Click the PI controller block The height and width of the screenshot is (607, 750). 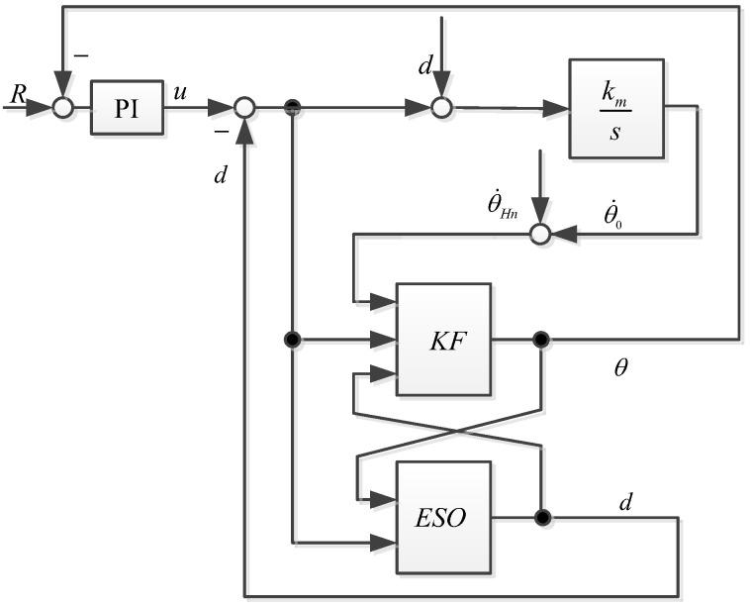(x=126, y=108)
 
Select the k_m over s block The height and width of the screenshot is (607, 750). (x=615, y=108)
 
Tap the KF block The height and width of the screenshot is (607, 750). (x=442, y=340)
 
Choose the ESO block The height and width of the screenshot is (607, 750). (x=442, y=516)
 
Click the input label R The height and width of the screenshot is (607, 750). (x=17, y=95)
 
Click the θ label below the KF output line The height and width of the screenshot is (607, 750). (x=622, y=369)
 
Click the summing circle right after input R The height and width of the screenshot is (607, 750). (x=64, y=108)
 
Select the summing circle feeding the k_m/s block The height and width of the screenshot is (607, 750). (x=442, y=108)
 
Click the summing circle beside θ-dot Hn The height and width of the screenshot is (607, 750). (x=540, y=235)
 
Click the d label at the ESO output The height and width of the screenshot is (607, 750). (x=624, y=501)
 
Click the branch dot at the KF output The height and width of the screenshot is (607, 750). (x=540, y=340)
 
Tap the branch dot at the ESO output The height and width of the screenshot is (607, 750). (x=540, y=516)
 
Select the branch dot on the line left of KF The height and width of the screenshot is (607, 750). (x=293, y=340)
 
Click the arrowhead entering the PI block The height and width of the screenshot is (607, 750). (x=86, y=108)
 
